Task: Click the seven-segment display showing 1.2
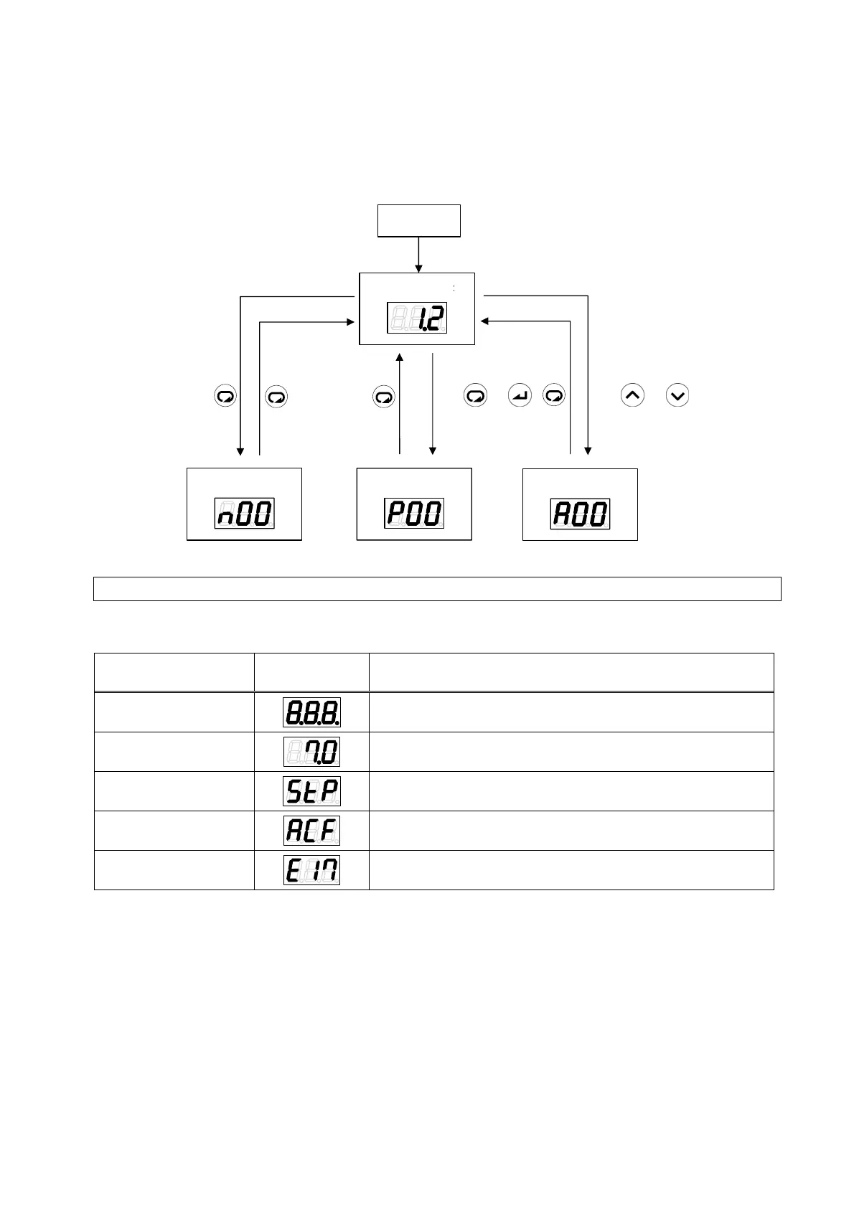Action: point(417,317)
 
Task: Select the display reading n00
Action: point(244,514)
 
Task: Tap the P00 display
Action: point(414,514)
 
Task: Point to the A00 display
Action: point(580,514)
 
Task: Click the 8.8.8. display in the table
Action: point(311,712)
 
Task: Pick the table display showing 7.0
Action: point(311,752)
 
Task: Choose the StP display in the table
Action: point(311,791)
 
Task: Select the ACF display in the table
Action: point(311,831)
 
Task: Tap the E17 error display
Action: point(311,870)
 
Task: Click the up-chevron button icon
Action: point(632,395)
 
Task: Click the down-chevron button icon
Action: point(677,395)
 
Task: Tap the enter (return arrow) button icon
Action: point(520,395)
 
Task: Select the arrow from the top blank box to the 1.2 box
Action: point(418,254)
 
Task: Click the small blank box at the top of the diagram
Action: point(419,220)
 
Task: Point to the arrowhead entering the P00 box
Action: point(432,450)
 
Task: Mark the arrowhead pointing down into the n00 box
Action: point(240,450)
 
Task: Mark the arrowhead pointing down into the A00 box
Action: point(588,450)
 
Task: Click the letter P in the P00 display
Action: point(395,514)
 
